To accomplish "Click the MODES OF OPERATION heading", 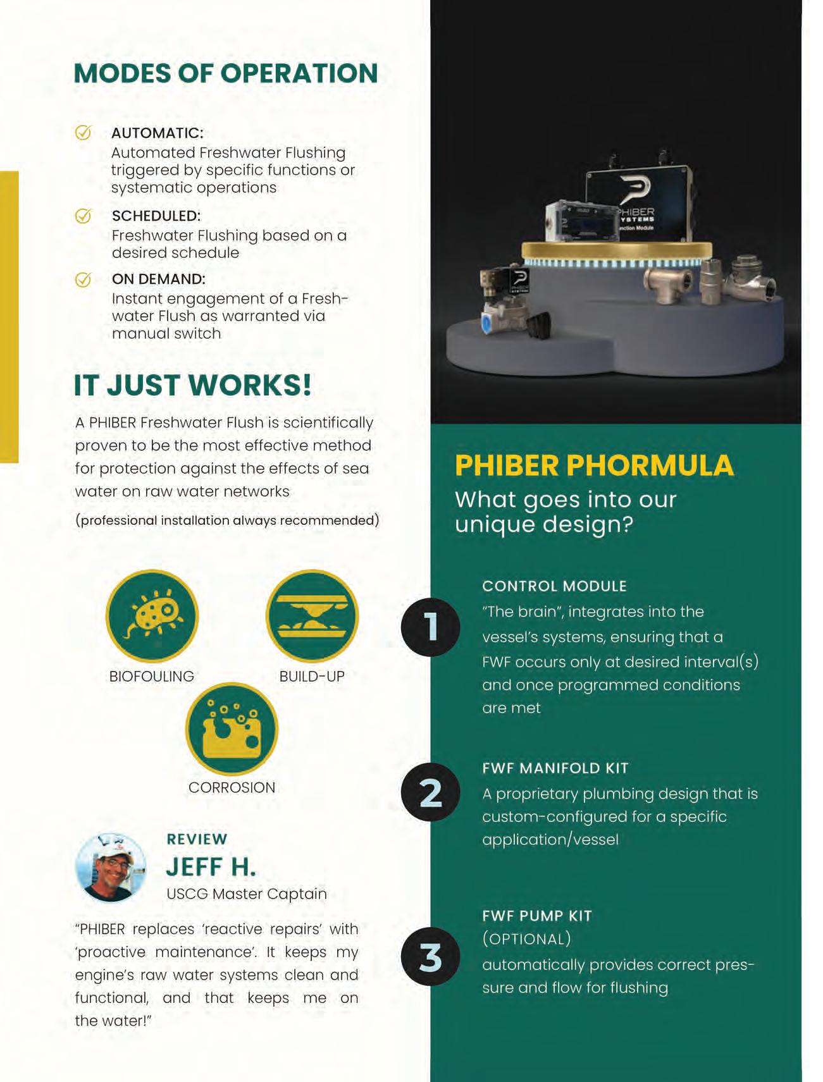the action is point(226,73).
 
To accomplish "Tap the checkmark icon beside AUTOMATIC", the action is point(84,132).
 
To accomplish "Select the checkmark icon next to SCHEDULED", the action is point(84,216).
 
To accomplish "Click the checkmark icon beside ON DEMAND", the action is point(84,279).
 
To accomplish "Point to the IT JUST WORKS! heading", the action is point(192,385).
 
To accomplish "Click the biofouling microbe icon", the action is point(152,616).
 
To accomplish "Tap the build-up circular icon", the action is point(312,616).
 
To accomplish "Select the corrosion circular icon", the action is point(232,729).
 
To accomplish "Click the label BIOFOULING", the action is point(152,676).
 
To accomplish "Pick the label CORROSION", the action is point(232,787).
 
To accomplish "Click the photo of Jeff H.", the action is point(111,867).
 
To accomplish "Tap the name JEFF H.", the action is point(211,867).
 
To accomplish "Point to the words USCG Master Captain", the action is point(247,894).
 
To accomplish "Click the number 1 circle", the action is point(431,627).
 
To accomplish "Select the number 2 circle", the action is point(431,792).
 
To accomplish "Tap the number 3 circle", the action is point(431,957).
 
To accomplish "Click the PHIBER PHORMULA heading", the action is point(594,465).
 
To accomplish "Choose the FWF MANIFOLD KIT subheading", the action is point(555,768).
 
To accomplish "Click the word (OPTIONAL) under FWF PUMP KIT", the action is point(527,939).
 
